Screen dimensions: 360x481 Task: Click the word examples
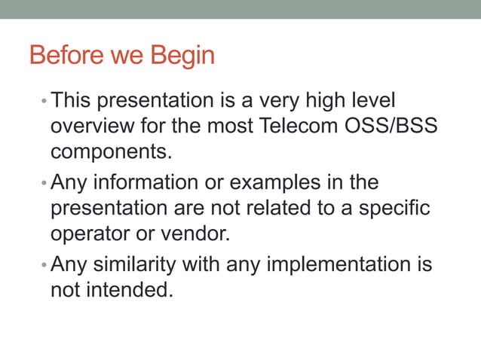pyautogui.click(x=275, y=183)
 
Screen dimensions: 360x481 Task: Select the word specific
pyautogui.click(x=392, y=208)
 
